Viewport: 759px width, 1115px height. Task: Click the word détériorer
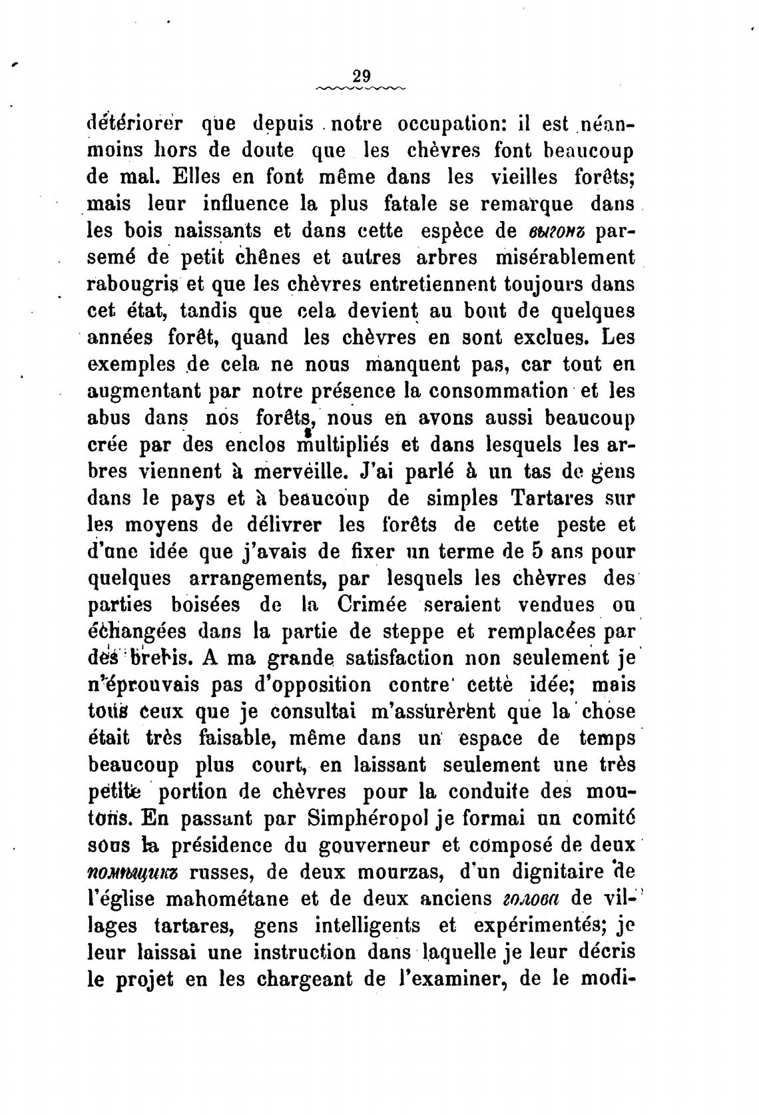[136, 124]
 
